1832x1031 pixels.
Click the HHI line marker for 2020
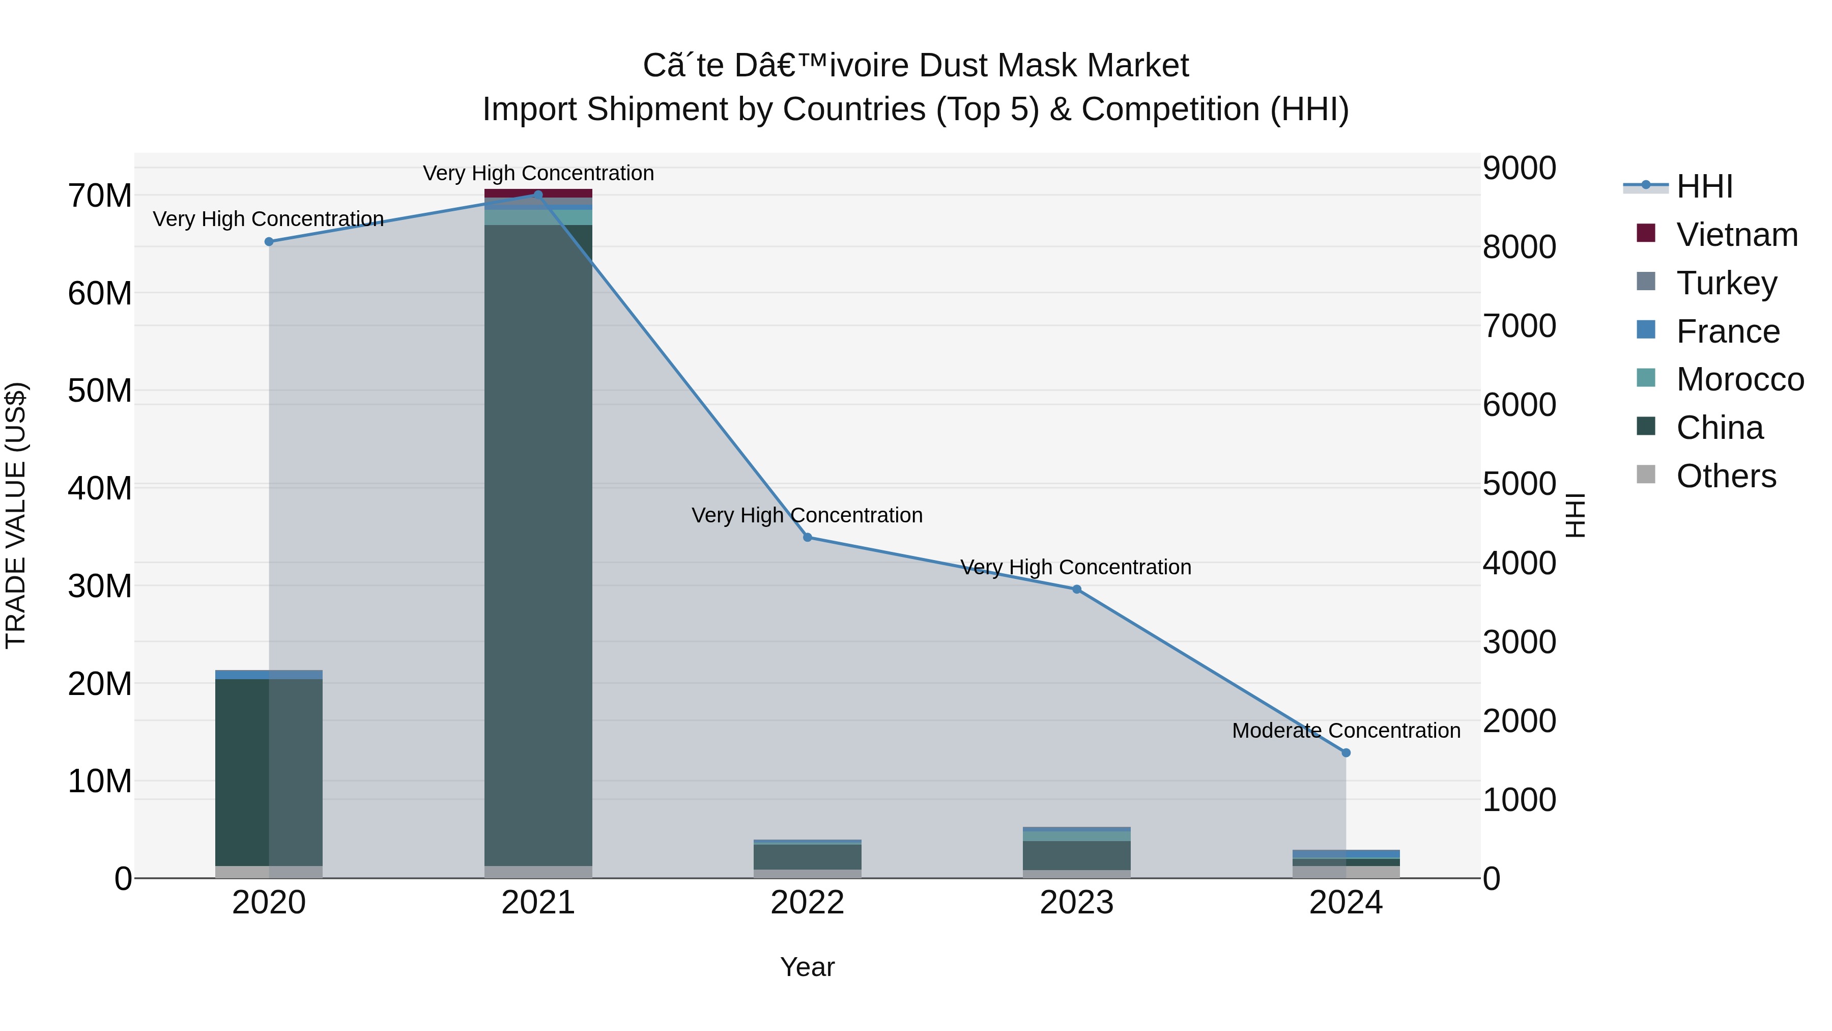point(269,242)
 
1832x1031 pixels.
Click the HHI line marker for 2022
point(807,537)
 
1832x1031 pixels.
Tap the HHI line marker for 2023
point(1077,589)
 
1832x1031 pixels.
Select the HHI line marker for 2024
point(1346,753)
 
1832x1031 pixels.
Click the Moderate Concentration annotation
point(1346,731)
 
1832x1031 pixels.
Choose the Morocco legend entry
point(1739,379)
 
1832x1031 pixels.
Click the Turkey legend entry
point(1726,283)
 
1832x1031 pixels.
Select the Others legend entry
point(1726,476)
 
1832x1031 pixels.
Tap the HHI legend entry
point(1704,186)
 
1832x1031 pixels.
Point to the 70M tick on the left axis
point(100,196)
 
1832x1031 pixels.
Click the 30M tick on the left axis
point(100,587)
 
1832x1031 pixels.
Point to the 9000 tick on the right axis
point(1519,169)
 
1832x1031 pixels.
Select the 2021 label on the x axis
point(538,903)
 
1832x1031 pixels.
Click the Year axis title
point(807,967)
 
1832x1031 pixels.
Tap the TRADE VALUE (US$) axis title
point(16,515)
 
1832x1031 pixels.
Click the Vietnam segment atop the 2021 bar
point(538,193)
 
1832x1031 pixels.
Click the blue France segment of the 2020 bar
point(269,675)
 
